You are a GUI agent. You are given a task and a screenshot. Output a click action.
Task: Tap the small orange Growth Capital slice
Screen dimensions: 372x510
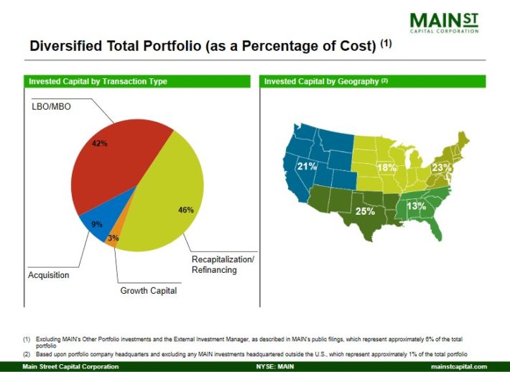click(x=111, y=241)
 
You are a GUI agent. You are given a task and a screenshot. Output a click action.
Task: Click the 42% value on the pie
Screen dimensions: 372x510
click(x=100, y=144)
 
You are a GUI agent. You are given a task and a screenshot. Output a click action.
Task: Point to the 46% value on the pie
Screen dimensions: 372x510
click(x=186, y=210)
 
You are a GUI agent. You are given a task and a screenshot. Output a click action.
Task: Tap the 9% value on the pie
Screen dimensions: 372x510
click(x=97, y=224)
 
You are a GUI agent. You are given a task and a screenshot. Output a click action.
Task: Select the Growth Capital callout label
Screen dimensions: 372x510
click(x=148, y=291)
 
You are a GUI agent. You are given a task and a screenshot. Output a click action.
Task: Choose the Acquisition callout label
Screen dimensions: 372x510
click(x=48, y=275)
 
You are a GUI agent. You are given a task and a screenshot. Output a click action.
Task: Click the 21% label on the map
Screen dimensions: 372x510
click(x=307, y=167)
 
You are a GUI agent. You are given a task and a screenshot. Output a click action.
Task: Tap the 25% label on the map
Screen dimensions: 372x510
click(x=365, y=212)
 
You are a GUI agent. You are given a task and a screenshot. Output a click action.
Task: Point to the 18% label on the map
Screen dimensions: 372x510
click(x=387, y=168)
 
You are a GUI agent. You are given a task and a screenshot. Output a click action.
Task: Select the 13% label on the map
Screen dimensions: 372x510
click(x=417, y=207)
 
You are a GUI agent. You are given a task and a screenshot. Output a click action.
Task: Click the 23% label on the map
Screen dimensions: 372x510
click(x=441, y=168)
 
